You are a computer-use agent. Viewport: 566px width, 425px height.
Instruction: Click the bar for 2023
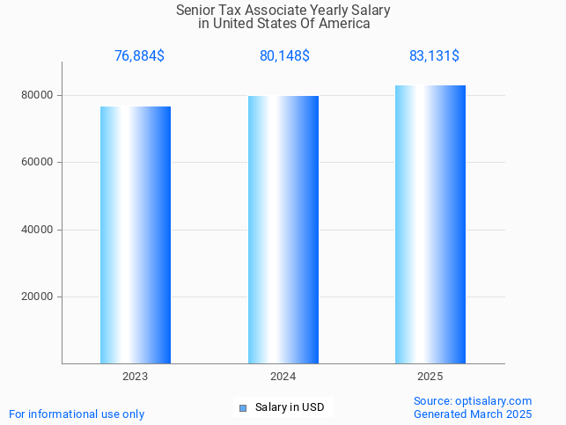[x=136, y=235]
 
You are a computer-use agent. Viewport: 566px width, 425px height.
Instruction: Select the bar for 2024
[x=283, y=230]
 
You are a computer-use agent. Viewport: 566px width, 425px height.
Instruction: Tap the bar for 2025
[x=430, y=224]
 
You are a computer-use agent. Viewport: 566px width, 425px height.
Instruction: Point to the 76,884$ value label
[x=139, y=55]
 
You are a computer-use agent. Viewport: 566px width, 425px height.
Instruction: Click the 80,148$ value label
[x=284, y=55]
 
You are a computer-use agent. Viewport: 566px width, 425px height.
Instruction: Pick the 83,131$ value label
[x=434, y=55]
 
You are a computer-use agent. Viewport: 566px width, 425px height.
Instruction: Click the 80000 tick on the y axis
[x=38, y=95]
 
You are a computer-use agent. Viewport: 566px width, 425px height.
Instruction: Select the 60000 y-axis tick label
[x=38, y=162]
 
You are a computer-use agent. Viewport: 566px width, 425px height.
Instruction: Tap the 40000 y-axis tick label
[x=38, y=230]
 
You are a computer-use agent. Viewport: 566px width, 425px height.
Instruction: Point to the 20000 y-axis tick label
[x=38, y=297]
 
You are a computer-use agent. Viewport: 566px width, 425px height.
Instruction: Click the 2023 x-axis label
[x=136, y=376]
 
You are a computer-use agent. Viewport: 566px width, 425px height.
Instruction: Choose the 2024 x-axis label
[x=283, y=376]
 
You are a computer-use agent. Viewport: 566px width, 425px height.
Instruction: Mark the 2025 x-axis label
[x=430, y=376]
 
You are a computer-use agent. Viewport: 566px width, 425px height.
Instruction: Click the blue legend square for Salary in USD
[x=243, y=407]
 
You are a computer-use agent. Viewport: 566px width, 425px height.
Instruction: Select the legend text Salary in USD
[x=290, y=407]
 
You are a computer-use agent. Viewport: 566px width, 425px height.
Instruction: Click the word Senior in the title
[x=195, y=11]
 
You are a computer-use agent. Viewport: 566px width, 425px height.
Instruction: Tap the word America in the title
[x=344, y=24]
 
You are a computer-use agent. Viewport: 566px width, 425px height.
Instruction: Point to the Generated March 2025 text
[x=473, y=414]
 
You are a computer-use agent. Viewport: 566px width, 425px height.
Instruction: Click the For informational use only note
[x=77, y=414]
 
